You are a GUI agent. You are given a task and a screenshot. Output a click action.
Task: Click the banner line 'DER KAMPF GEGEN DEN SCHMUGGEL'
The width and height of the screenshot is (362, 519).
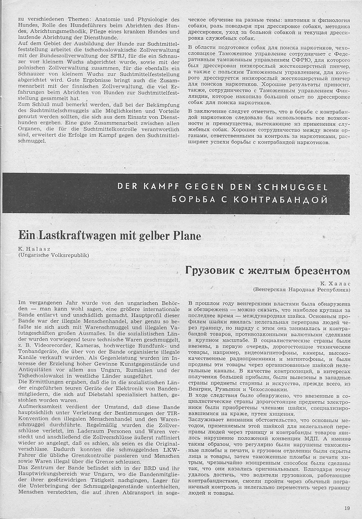pyautogui.click(x=223, y=187)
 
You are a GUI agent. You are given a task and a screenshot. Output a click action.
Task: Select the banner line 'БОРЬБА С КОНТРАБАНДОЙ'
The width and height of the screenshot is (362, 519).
pyautogui.click(x=250, y=199)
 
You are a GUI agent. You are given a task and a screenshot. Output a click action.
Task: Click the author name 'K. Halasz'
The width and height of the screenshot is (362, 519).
pyautogui.click(x=33, y=249)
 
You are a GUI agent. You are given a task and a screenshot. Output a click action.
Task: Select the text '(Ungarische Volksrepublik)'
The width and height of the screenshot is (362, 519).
pyautogui.click(x=53, y=255)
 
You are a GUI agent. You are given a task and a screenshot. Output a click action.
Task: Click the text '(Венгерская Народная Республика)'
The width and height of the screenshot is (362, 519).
pyautogui.click(x=302, y=290)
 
